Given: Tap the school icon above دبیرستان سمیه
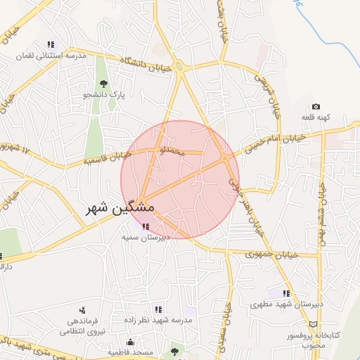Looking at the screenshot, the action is click(x=146, y=226).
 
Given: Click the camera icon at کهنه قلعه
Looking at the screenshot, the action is click(x=316, y=106).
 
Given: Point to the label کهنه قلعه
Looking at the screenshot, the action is click(x=316, y=117).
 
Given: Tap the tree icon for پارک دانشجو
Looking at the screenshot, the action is click(x=104, y=84).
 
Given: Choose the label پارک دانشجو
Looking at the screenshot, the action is click(x=104, y=94).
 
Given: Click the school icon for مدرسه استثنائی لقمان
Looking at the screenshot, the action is click(x=50, y=44).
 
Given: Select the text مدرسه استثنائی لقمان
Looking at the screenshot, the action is click(x=50, y=55).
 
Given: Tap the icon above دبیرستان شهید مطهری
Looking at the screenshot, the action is click(x=285, y=293).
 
